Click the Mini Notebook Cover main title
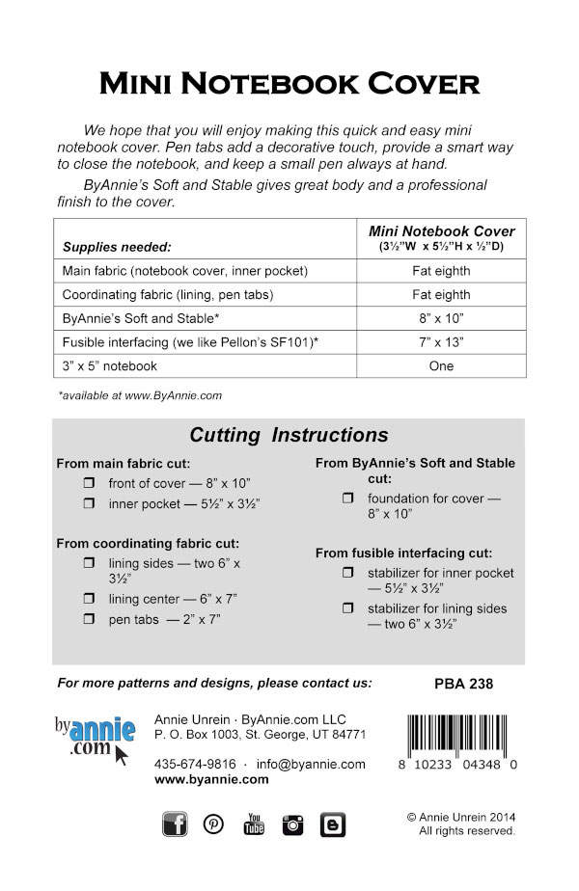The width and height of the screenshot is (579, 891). pyautogui.click(x=289, y=84)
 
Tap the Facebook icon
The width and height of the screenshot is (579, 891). pyautogui.click(x=175, y=823)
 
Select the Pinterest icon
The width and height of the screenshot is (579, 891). pyautogui.click(x=213, y=823)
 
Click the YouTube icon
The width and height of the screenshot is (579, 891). pyautogui.click(x=254, y=823)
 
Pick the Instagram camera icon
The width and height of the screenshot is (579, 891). pyautogui.click(x=293, y=823)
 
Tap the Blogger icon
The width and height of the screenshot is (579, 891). pyautogui.click(x=333, y=823)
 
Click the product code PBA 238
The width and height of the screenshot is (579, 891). pyautogui.click(x=457, y=684)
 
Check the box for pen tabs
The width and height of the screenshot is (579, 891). pyautogui.click(x=88, y=619)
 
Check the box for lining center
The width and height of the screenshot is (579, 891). pyautogui.click(x=88, y=599)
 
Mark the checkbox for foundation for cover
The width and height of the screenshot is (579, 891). pyautogui.click(x=347, y=499)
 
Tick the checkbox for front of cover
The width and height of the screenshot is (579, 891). pyautogui.click(x=88, y=483)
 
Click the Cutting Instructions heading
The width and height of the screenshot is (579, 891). pyautogui.click(x=289, y=435)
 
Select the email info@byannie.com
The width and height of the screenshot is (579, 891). pyautogui.click(x=310, y=764)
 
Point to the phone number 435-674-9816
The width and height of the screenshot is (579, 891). pyautogui.click(x=195, y=764)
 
